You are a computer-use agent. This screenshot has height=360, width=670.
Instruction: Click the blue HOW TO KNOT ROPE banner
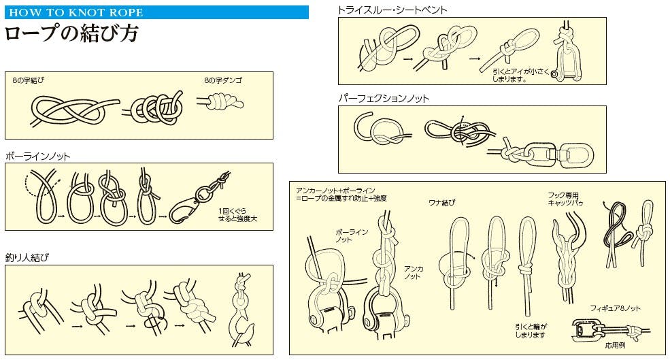(x=156, y=12)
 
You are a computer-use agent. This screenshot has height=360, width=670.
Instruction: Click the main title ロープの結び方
(x=71, y=34)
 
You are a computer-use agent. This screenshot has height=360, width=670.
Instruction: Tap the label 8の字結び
(x=28, y=80)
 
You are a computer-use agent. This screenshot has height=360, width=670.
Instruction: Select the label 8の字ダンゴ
(x=223, y=80)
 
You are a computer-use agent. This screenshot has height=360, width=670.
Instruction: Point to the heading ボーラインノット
(x=37, y=157)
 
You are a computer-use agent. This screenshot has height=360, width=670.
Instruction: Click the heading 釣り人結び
(x=27, y=257)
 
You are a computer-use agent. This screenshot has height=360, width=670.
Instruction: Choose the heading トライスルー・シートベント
(x=392, y=10)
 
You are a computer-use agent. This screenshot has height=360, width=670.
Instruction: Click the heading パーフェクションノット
(x=384, y=99)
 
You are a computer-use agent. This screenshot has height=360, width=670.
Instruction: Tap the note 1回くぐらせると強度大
(x=237, y=214)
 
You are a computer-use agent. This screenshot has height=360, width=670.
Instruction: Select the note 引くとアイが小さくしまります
(x=520, y=76)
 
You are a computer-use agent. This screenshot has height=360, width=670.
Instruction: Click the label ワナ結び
(x=442, y=203)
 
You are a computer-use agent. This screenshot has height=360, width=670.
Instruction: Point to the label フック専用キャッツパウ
(x=565, y=199)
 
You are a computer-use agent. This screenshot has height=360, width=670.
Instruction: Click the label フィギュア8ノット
(x=615, y=308)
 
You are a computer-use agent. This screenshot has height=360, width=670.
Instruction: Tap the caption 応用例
(x=615, y=345)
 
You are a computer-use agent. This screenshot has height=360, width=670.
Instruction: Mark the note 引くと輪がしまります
(x=531, y=331)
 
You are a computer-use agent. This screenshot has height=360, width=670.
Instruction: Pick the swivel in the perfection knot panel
(x=558, y=154)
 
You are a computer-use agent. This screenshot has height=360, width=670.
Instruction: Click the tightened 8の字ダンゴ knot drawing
(x=220, y=102)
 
